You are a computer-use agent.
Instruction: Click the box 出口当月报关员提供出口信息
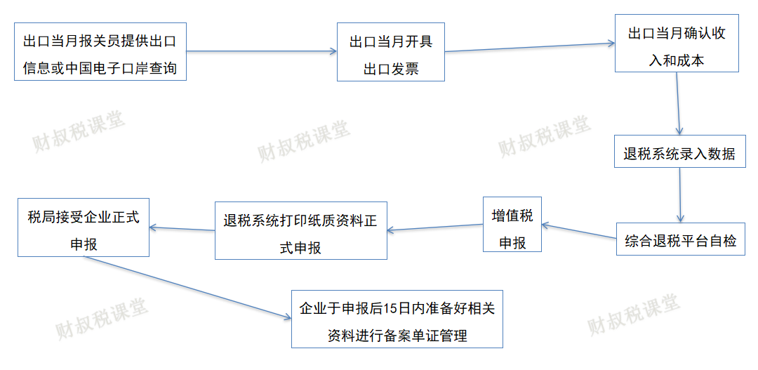coord(100,51)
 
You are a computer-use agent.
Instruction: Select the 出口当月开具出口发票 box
coord(391,52)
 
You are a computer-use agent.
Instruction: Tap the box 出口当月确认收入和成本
coord(677,43)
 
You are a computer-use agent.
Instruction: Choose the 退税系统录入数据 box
coord(679,154)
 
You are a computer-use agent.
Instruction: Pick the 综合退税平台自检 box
coord(680,239)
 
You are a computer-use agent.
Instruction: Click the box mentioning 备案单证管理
coord(397,318)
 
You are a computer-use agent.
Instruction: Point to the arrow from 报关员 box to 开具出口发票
coord(261,51)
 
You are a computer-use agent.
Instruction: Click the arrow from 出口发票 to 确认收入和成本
coord(529,47)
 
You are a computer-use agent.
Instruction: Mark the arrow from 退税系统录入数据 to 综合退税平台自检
coord(680,196)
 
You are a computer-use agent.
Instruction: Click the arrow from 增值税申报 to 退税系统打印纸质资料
coord(435,227)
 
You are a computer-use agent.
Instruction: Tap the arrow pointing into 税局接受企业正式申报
coord(182,228)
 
